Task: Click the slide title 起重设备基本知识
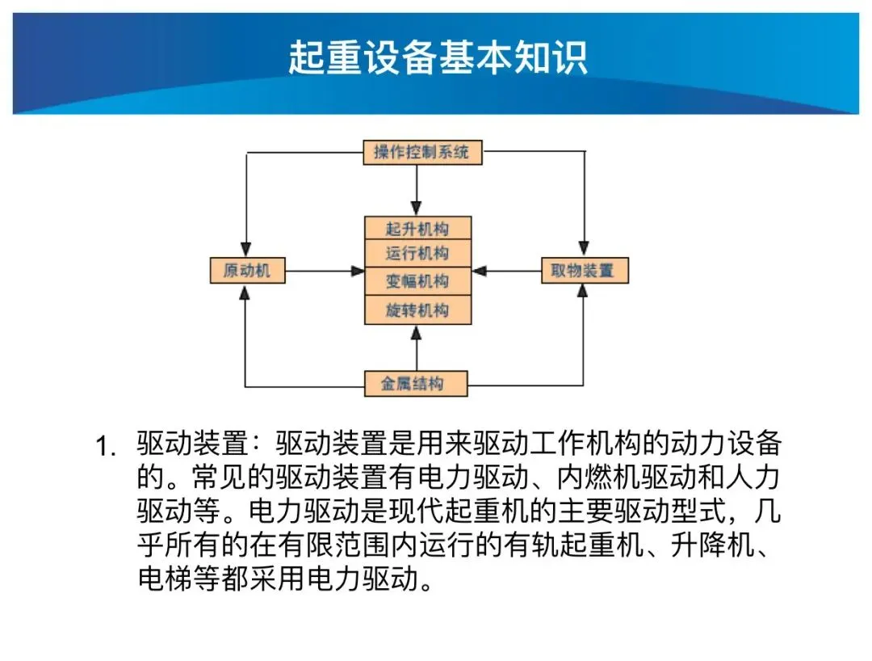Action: tap(438, 57)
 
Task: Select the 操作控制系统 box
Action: tap(422, 152)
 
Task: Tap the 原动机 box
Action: tap(248, 271)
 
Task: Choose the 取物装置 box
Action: tap(585, 271)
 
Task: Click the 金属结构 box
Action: tap(416, 383)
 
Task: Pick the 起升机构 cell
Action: tap(417, 228)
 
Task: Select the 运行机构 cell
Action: tap(417, 253)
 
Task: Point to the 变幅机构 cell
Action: tap(417, 281)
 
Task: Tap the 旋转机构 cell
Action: tap(417, 310)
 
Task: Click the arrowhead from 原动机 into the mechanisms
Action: tap(358, 271)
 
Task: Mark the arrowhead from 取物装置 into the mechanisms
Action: tap(479, 271)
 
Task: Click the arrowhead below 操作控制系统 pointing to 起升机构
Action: tap(417, 208)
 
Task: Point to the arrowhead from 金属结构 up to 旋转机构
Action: tap(416, 332)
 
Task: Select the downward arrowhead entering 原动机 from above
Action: tap(245, 249)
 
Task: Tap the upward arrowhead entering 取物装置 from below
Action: tap(583, 291)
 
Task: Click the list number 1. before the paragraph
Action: tap(106, 446)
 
